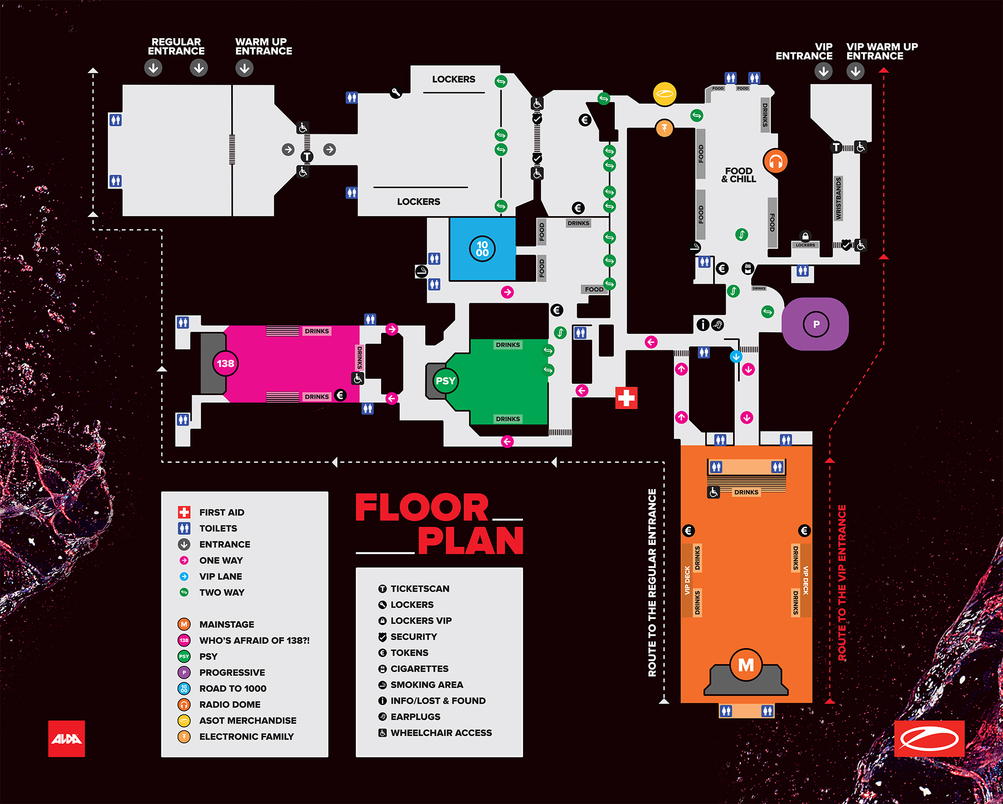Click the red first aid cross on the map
(x=626, y=398)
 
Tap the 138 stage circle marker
(x=225, y=363)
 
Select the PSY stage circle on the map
(x=445, y=381)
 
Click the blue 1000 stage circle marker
(x=482, y=249)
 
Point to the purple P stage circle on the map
(x=816, y=324)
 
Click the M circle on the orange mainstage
(x=746, y=665)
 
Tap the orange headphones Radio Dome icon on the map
(x=775, y=161)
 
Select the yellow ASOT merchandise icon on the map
(x=665, y=94)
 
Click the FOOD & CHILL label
(x=739, y=175)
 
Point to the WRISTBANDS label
(x=839, y=198)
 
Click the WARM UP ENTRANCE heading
(x=263, y=47)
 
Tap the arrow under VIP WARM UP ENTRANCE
(x=856, y=71)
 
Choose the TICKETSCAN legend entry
(x=420, y=588)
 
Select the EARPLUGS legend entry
(x=415, y=717)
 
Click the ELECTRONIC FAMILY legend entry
(x=246, y=736)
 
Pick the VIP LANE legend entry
(x=221, y=576)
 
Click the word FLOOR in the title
(x=422, y=508)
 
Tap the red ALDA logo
(x=66, y=738)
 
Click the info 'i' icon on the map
(x=703, y=324)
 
